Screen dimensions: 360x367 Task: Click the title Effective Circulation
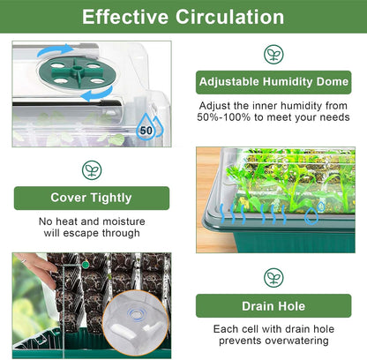coord(183,17)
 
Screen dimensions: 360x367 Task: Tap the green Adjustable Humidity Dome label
coord(273,82)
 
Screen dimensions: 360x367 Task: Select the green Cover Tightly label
coord(92,197)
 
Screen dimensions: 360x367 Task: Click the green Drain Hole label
coord(273,306)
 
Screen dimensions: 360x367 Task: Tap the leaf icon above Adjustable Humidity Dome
coord(273,54)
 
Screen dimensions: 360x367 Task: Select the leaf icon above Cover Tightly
coord(91,169)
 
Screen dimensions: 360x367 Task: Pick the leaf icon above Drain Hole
coord(273,278)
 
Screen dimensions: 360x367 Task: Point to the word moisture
coord(128,221)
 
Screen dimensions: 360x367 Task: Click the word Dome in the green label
coord(331,82)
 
